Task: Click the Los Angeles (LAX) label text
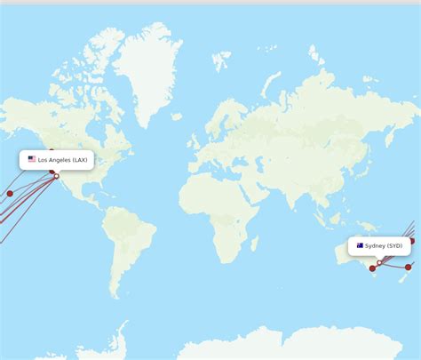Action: pyautogui.click(x=63, y=160)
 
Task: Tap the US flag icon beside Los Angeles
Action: pyautogui.click(x=32, y=160)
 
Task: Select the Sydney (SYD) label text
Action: pyautogui.click(x=384, y=245)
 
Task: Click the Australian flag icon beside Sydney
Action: pyautogui.click(x=360, y=245)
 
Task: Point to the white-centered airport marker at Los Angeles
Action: pyautogui.click(x=57, y=176)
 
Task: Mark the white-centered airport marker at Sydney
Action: pyautogui.click(x=379, y=262)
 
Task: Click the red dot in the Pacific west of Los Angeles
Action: pyautogui.click(x=10, y=193)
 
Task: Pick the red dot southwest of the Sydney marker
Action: pyautogui.click(x=372, y=268)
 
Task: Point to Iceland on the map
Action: pyautogui.click(x=179, y=116)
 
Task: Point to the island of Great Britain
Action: pyautogui.click(x=195, y=140)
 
